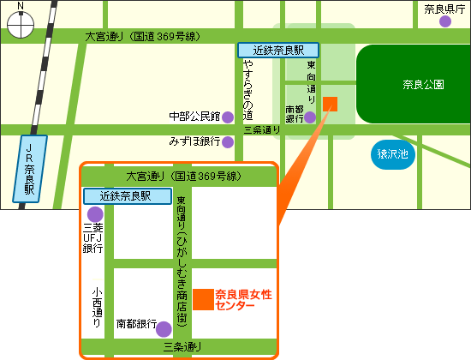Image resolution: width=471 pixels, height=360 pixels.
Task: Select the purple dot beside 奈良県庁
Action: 445,21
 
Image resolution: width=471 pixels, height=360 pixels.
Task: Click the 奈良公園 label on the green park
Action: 422,85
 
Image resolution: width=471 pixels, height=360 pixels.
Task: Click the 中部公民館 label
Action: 194,116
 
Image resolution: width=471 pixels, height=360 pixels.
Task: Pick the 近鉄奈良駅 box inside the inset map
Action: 118,196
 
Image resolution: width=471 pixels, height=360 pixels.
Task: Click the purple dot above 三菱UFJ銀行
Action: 94,213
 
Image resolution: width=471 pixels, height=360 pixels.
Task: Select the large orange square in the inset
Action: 203,299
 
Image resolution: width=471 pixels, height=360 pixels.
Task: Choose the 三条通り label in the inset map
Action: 182,347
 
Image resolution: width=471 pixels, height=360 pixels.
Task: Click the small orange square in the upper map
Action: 331,105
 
